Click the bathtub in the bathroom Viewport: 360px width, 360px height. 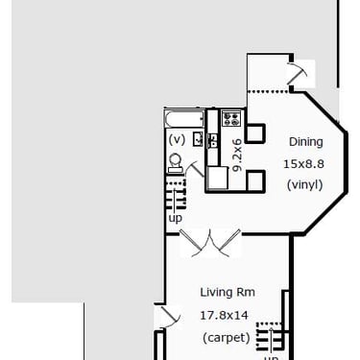coord(184,119)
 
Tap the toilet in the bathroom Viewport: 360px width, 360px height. coord(176,163)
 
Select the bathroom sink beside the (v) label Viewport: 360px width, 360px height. coord(198,139)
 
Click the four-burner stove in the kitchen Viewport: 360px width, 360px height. coord(231,118)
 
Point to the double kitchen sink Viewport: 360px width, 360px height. coord(212,141)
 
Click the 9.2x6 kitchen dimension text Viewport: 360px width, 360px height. coord(237,155)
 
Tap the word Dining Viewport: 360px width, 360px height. coord(306,142)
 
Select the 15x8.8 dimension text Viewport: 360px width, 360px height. coord(303,164)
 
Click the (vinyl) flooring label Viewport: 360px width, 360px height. coord(304,184)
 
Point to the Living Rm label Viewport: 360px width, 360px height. coord(228,292)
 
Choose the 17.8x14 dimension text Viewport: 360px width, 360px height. coord(224,316)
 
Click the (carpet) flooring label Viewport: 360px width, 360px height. coord(227,338)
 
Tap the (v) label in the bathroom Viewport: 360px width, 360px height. coord(177,140)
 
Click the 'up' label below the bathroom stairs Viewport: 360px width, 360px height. coord(176,218)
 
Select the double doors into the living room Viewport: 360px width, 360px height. coord(210,243)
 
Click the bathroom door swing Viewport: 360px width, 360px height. coord(195,169)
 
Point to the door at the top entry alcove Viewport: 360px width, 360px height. coord(297,73)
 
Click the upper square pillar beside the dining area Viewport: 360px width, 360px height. coord(255,133)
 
